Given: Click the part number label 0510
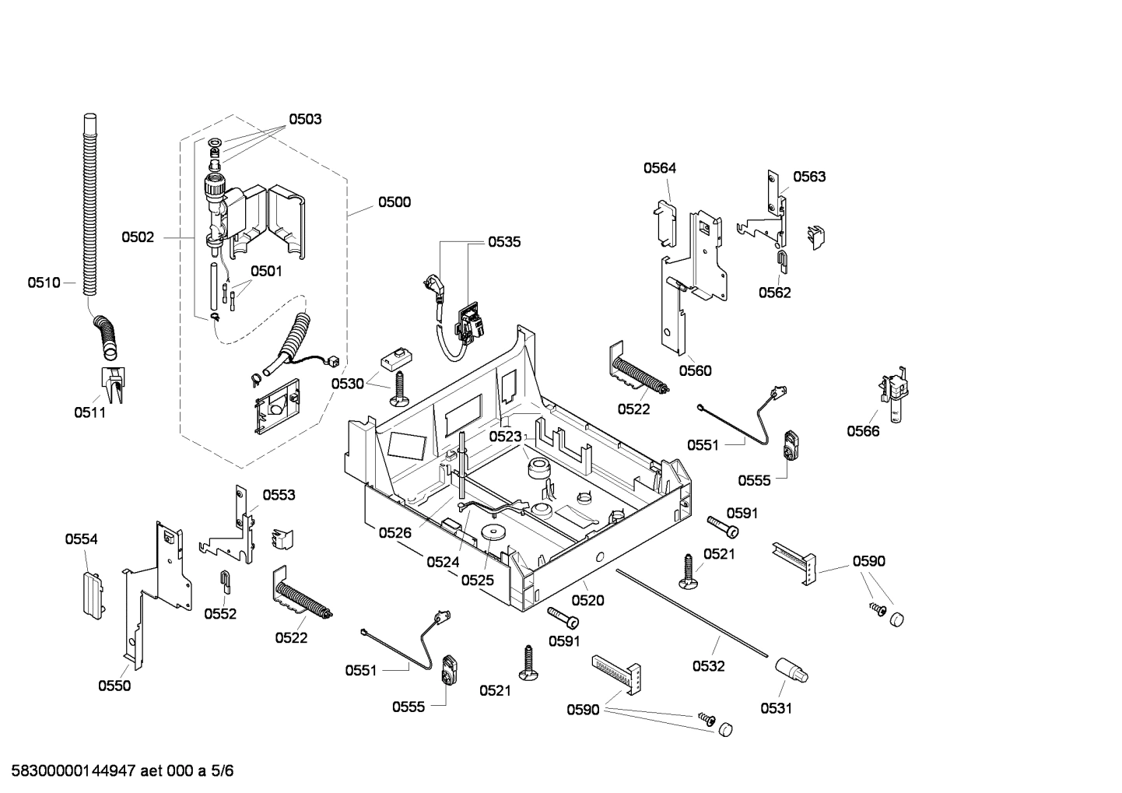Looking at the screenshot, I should pos(44,282).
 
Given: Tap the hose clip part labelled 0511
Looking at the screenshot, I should pos(114,384).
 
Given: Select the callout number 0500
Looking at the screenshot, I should pos(394,202).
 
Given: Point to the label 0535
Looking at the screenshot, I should pos(504,242).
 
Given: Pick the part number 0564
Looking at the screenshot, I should pos(659,168).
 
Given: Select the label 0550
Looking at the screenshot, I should pos(114,686).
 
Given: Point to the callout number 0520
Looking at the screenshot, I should pos(587,600).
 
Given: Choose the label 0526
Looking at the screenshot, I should pos(395,532).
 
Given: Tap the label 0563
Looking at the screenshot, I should pos(809,177).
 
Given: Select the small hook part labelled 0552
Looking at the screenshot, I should pos(223,580).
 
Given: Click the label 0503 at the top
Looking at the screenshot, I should pos(305,119).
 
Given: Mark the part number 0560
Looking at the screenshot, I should pos(695,370).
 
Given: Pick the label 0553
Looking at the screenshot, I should pos(279,495).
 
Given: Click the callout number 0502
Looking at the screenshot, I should pos(138,237).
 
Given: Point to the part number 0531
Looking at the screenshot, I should pos(776,708).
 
